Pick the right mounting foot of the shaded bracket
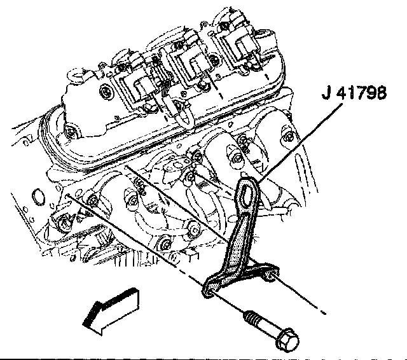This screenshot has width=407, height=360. [268, 275]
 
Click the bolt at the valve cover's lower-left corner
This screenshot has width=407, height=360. [72, 132]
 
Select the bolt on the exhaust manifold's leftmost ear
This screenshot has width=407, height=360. [93, 202]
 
